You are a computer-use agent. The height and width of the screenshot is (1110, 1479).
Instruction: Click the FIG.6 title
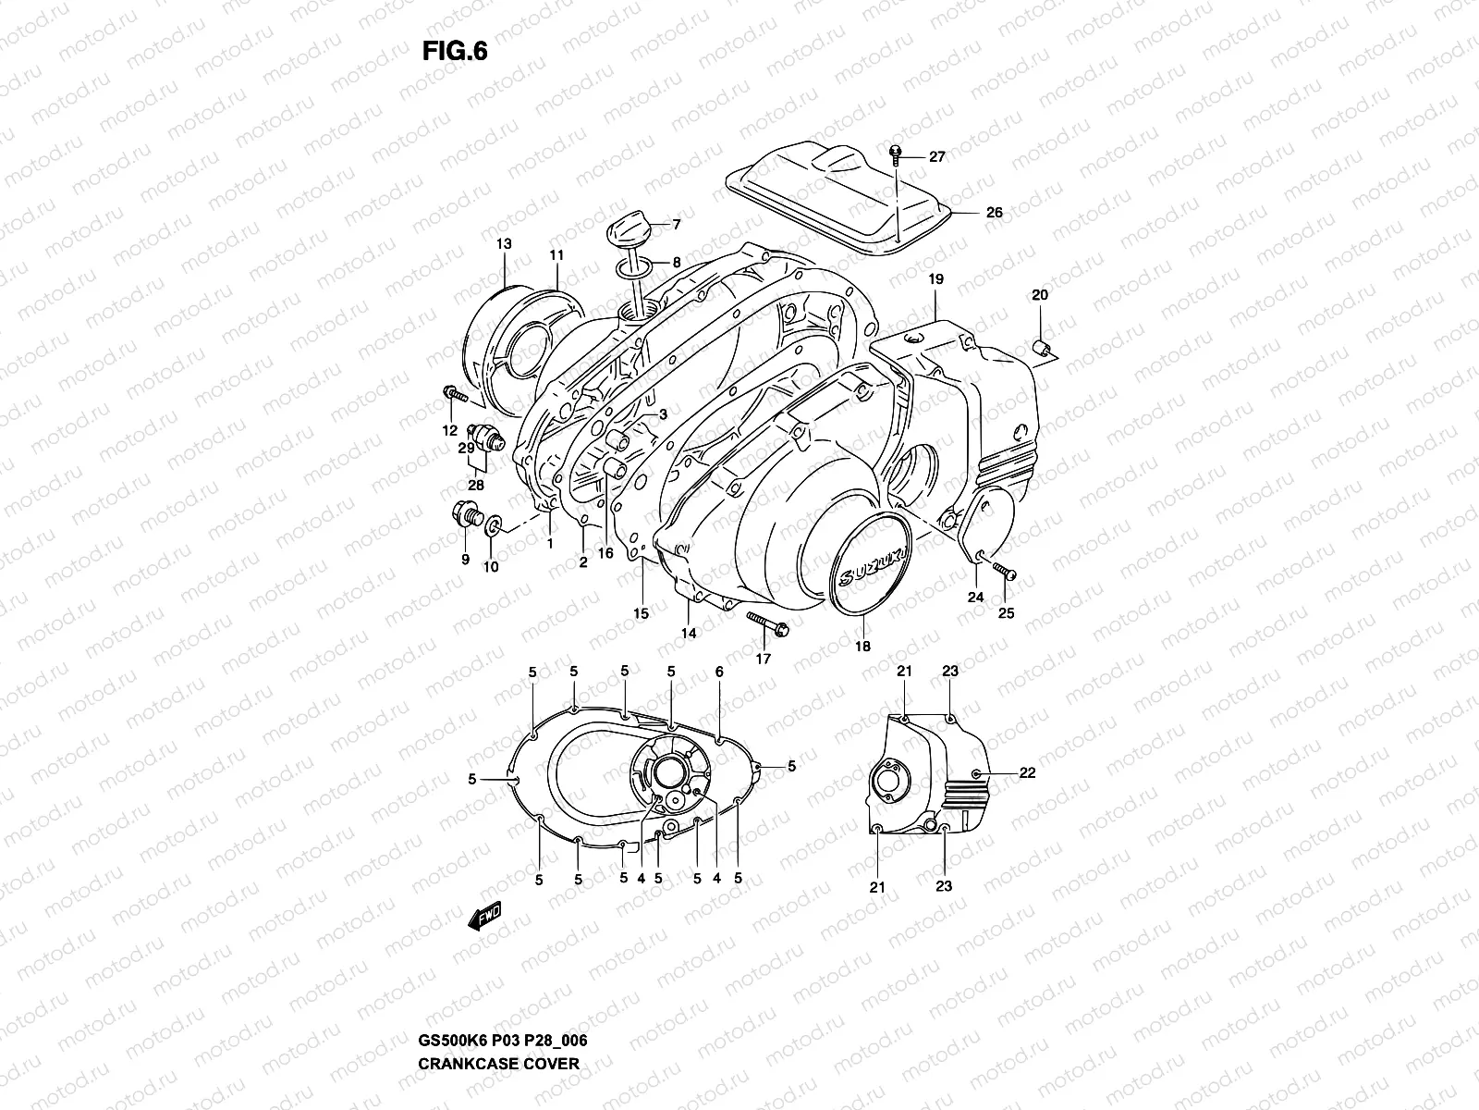click(454, 52)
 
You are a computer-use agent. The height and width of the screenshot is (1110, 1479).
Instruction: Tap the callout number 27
click(936, 156)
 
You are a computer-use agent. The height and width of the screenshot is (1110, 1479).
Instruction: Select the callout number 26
click(994, 212)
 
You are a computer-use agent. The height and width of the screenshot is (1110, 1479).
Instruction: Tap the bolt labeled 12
click(457, 396)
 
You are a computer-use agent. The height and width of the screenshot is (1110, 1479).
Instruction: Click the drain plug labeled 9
click(465, 513)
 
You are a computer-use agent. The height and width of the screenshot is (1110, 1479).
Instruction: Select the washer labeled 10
click(493, 526)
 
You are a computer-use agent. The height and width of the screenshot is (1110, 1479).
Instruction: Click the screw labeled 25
click(1004, 574)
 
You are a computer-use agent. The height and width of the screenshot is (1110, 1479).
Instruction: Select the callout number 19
click(935, 278)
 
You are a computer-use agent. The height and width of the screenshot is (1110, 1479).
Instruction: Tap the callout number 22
click(1027, 773)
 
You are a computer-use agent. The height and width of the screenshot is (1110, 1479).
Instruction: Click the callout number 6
click(719, 672)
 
